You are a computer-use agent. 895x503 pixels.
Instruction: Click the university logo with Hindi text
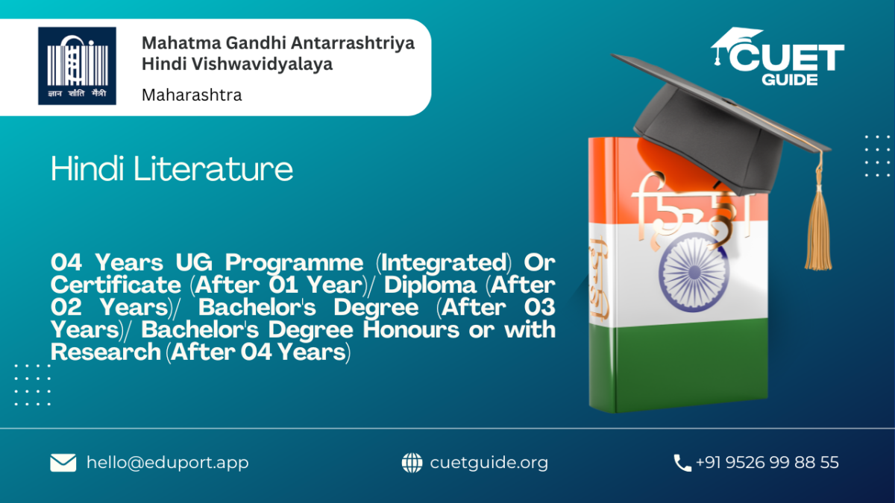point(77,66)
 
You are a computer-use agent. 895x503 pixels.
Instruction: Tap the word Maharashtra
point(192,95)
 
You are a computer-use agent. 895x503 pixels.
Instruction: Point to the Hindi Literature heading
point(172,169)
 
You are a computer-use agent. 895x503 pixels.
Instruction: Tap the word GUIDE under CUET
point(790,80)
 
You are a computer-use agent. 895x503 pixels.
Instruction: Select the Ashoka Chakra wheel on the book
point(694,273)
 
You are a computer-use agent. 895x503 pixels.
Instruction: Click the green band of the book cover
point(679,364)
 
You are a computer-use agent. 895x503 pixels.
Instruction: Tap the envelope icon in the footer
point(63,463)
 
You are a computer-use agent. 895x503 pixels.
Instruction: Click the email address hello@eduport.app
point(167,463)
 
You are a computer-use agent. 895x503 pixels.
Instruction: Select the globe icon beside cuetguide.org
point(412,463)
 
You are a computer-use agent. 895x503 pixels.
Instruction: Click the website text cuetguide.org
point(489,463)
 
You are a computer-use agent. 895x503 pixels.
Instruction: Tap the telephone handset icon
point(682,463)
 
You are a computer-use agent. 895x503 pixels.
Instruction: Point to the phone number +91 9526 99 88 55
point(767,462)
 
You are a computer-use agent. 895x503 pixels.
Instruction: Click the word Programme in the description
point(295,264)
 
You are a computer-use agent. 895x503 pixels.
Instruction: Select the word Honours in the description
point(411,329)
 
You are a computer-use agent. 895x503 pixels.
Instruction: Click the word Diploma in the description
point(430,286)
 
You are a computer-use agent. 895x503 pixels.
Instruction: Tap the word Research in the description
point(106,352)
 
